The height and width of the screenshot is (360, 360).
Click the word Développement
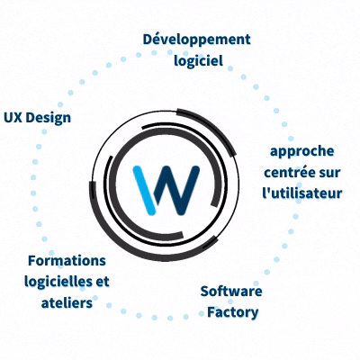[196, 40]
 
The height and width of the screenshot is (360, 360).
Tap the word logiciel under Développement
[198, 61]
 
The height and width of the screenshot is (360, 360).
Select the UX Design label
[37, 118]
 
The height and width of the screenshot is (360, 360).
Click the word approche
[302, 152]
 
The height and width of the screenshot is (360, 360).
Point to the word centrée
[288, 173]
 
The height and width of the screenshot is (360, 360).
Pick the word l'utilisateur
[302, 193]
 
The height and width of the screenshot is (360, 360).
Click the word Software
[231, 292]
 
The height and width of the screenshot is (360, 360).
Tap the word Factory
[232, 313]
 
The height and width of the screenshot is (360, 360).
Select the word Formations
[67, 261]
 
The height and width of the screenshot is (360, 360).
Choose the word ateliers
[67, 303]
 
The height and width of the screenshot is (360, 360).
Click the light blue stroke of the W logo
[144, 190]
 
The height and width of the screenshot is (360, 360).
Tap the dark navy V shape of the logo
[176, 191]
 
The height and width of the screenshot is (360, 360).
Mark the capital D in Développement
[148, 40]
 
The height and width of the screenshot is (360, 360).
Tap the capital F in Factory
[211, 312]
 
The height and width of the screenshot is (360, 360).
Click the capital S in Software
[204, 292]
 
